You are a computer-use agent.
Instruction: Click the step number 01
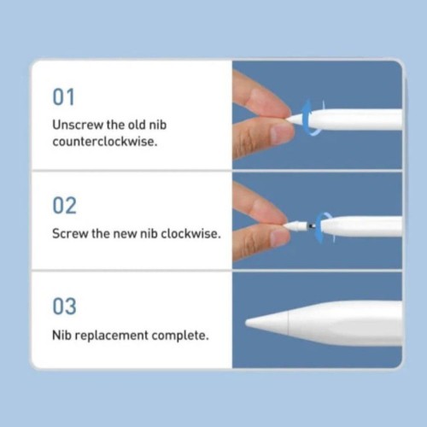pyautogui.click(x=64, y=97)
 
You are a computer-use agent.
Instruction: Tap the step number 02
pyautogui.click(x=64, y=206)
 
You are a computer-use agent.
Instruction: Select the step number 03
pyautogui.click(x=64, y=307)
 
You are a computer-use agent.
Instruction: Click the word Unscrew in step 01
pyautogui.click(x=77, y=125)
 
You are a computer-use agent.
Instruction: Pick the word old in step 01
pyautogui.click(x=151, y=125)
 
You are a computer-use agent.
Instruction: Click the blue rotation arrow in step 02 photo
pyautogui.click(x=323, y=225)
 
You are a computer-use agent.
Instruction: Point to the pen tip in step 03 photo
pyautogui.click(x=253, y=323)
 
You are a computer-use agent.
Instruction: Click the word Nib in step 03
pyautogui.click(x=61, y=335)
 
